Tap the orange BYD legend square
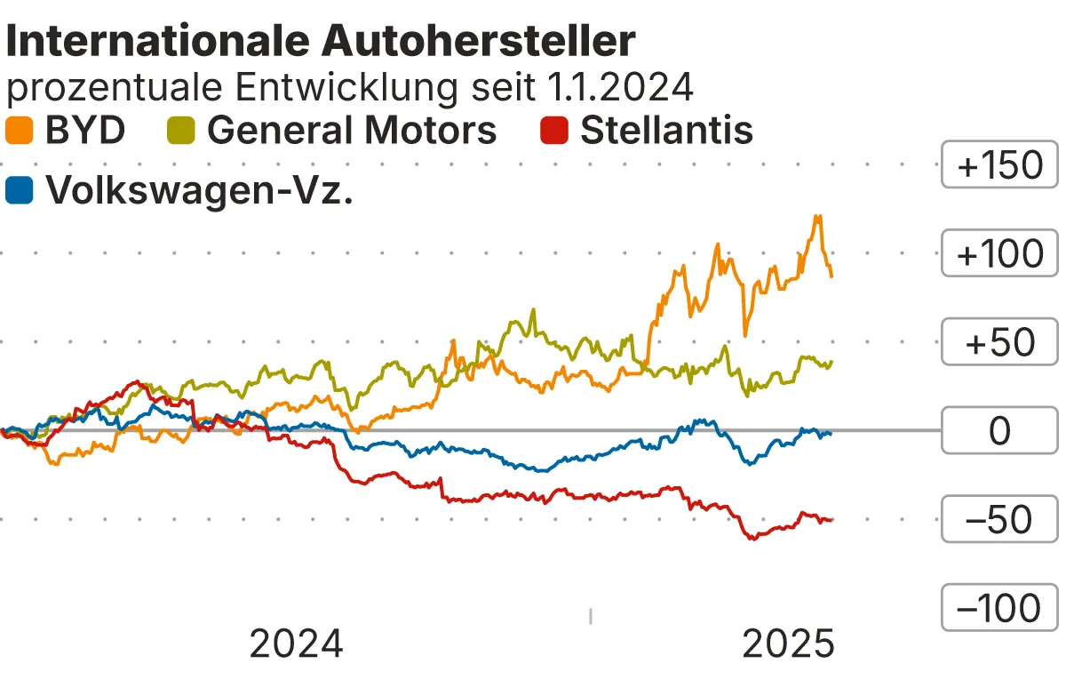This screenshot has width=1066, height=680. [x=20, y=131]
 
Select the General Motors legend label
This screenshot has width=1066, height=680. [x=352, y=131]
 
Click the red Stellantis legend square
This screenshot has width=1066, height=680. [x=554, y=131]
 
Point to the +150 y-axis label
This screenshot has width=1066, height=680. [x=999, y=166]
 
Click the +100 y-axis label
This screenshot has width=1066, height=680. [x=999, y=254]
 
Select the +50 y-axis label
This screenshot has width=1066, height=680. [x=999, y=343]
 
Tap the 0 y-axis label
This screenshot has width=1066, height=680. [x=999, y=431]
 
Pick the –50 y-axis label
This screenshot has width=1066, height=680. [x=999, y=520]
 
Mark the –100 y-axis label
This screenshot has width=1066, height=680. [x=999, y=609]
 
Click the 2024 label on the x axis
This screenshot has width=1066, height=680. [x=296, y=644]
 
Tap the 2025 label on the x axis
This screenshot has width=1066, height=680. [x=789, y=644]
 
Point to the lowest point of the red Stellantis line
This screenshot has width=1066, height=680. [x=752, y=539]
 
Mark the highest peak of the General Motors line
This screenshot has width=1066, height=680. [x=533, y=310]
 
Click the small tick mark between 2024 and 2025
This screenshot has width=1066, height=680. [x=591, y=616]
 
